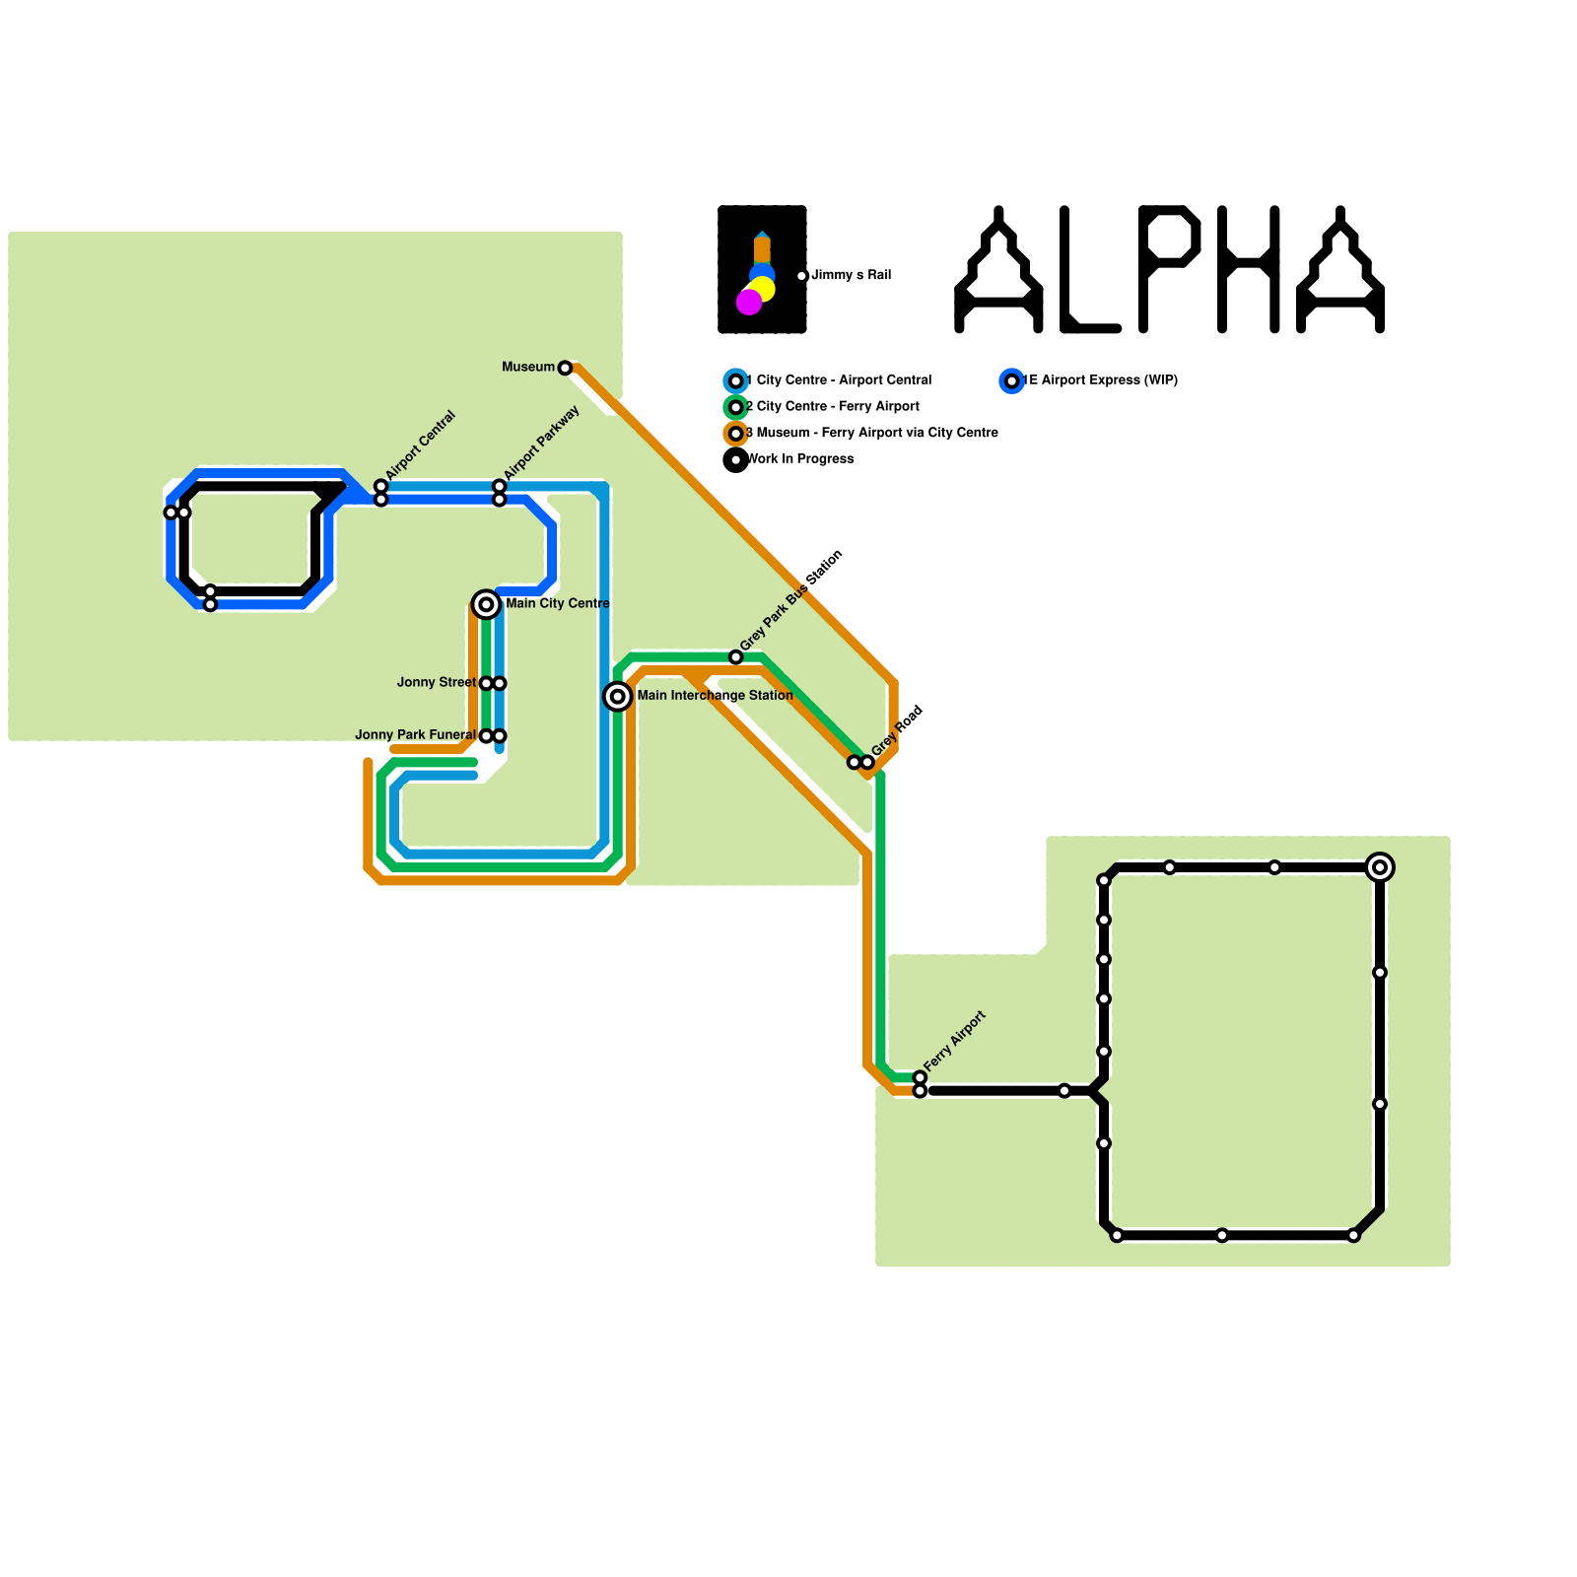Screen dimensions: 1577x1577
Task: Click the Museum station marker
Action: coord(565,368)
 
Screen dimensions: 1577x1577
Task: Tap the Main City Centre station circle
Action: coord(486,604)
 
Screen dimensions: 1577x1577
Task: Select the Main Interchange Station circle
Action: coord(618,697)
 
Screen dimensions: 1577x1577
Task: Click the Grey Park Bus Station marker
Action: coord(736,657)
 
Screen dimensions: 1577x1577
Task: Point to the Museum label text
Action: coord(528,368)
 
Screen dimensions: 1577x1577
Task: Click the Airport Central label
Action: coord(421,446)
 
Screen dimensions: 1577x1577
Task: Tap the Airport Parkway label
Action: coord(541,443)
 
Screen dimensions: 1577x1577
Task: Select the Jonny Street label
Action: coord(436,682)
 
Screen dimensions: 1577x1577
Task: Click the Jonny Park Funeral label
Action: coord(415,735)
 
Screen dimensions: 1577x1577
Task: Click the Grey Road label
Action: coord(897,731)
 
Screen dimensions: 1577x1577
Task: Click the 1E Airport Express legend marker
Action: coord(1012,380)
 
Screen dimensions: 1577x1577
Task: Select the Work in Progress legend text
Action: coord(800,459)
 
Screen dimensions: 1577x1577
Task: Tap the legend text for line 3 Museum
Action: coord(872,433)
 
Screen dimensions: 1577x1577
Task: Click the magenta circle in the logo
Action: coord(749,303)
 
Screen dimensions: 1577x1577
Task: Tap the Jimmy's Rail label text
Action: coord(852,275)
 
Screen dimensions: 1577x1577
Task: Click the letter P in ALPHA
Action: coord(1169,268)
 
